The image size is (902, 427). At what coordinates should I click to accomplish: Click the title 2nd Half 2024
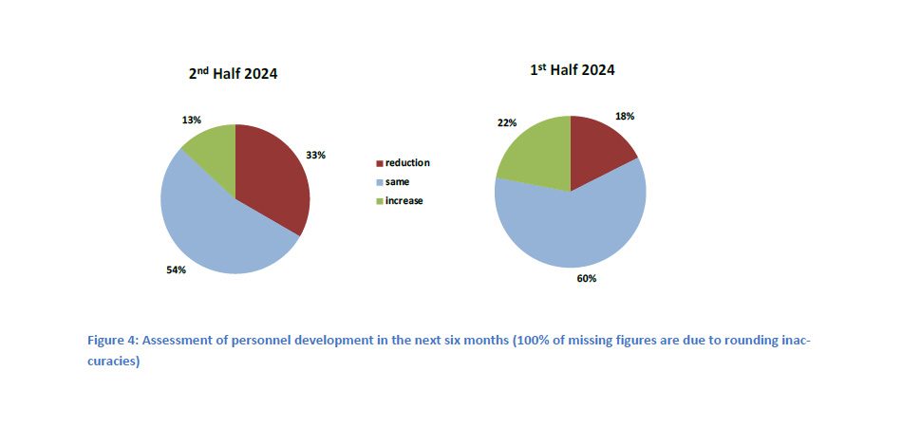pyautogui.click(x=233, y=73)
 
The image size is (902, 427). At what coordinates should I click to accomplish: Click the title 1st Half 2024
pyautogui.click(x=572, y=70)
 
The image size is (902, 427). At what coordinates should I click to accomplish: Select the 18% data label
pyautogui.click(x=625, y=116)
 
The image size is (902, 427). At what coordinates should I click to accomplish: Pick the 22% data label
pyautogui.click(x=506, y=123)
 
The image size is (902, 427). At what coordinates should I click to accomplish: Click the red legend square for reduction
pyautogui.click(x=381, y=163)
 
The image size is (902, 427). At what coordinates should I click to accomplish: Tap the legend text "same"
pyautogui.click(x=398, y=182)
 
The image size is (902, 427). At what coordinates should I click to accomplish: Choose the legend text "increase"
pyautogui.click(x=404, y=201)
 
